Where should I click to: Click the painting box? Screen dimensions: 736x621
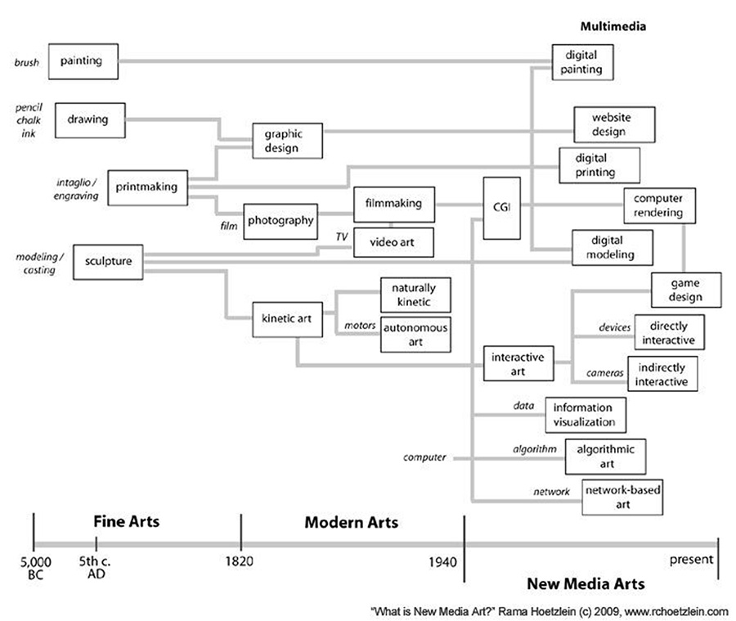click(83, 61)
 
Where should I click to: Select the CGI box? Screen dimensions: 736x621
click(502, 208)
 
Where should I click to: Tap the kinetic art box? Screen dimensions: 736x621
click(287, 319)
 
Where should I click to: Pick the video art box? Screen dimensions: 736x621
click(393, 242)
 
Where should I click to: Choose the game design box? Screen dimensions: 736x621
click(686, 290)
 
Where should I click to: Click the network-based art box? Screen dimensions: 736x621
click(622, 497)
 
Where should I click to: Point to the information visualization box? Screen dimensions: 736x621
click(586, 415)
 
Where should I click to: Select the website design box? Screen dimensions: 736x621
click(614, 124)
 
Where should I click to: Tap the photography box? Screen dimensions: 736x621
click(280, 221)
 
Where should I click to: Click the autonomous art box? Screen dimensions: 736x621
click(415, 335)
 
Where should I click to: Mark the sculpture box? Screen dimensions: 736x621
click(108, 262)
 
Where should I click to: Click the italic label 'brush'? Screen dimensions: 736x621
click(27, 62)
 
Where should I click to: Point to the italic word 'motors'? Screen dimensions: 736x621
click(360, 325)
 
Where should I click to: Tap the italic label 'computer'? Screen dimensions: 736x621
click(424, 457)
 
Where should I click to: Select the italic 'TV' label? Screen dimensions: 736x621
click(342, 236)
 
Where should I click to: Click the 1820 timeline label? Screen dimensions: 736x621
click(240, 561)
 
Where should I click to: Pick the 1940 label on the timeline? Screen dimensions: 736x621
click(442, 562)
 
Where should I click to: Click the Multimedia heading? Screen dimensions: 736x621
click(613, 26)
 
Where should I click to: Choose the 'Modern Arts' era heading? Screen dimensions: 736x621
click(352, 522)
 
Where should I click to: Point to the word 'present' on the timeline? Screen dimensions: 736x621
click(691, 560)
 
